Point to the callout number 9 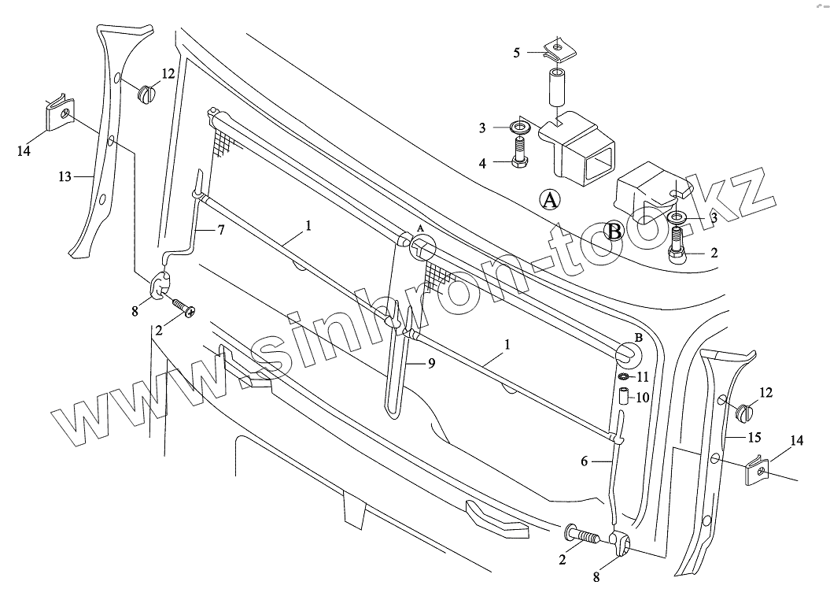coord(431,363)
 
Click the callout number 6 coord(585,462)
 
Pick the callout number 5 coord(516,53)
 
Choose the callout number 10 coord(642,398)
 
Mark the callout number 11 coord(643,376)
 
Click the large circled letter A coord(550,200)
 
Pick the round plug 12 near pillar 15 coord(743,411)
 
